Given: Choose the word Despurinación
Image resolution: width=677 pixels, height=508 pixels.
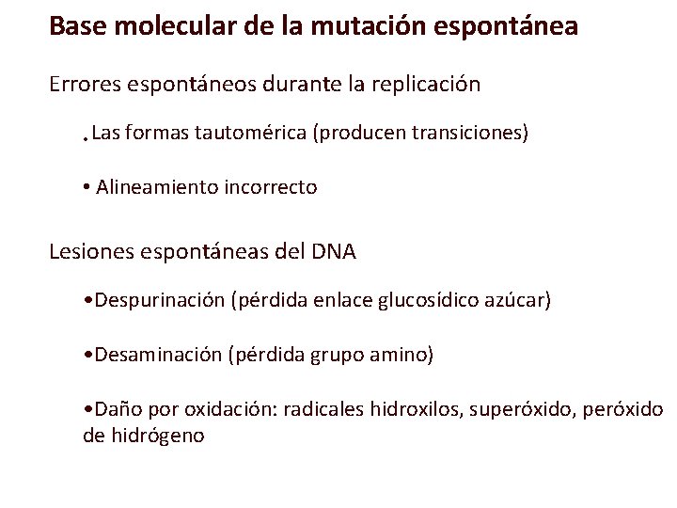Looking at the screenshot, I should point(158,301).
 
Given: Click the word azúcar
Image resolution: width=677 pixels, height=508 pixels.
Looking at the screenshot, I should point(518,301).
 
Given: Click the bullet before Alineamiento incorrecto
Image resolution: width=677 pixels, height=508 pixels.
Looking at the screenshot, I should point(86,187).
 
